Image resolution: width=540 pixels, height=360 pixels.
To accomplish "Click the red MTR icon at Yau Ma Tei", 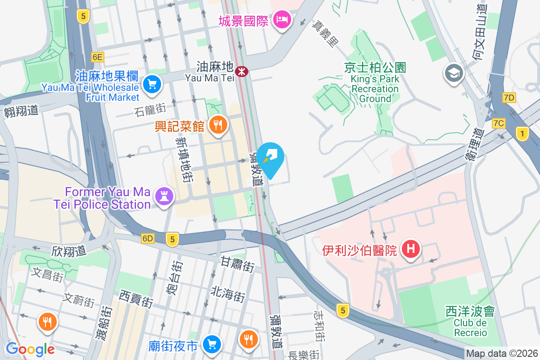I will pyautogui.click(x=242, y=71).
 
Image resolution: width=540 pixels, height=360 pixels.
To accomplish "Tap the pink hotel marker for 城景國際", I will pyautogui.click(x=283, y=19).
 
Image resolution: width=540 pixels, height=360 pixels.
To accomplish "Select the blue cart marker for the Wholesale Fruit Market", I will pyautogui.click(x=152, y=84).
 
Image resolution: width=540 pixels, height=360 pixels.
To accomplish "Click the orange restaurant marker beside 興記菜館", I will pyautogui.click(x=218, y=126).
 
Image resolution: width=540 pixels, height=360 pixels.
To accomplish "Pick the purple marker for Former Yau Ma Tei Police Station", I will pyautogui.click(x=164, y=196).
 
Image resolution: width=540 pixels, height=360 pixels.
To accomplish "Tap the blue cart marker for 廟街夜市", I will pyautogui.click(x=211, y=345).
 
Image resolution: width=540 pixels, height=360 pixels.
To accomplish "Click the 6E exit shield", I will pyautogui.click(x=97, y=57).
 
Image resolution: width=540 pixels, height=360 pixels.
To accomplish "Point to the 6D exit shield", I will pyautogui.click(x=147, y=238).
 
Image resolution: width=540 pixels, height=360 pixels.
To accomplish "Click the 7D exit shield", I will pyautogui.click(x=509, y=98).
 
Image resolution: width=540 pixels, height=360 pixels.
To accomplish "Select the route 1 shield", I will pyautogui.click(x=522, y=134).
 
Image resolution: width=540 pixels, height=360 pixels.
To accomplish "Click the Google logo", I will pyautogui.click(x=30, y=349).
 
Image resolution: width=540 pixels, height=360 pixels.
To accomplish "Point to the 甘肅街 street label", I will pyautogui.click(x=237, y=264).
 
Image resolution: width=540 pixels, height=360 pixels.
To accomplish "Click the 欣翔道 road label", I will pyautogui.click(x=69, y=251).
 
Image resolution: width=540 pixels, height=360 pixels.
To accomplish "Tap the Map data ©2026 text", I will pyautogui.click(x=502, y=354).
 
